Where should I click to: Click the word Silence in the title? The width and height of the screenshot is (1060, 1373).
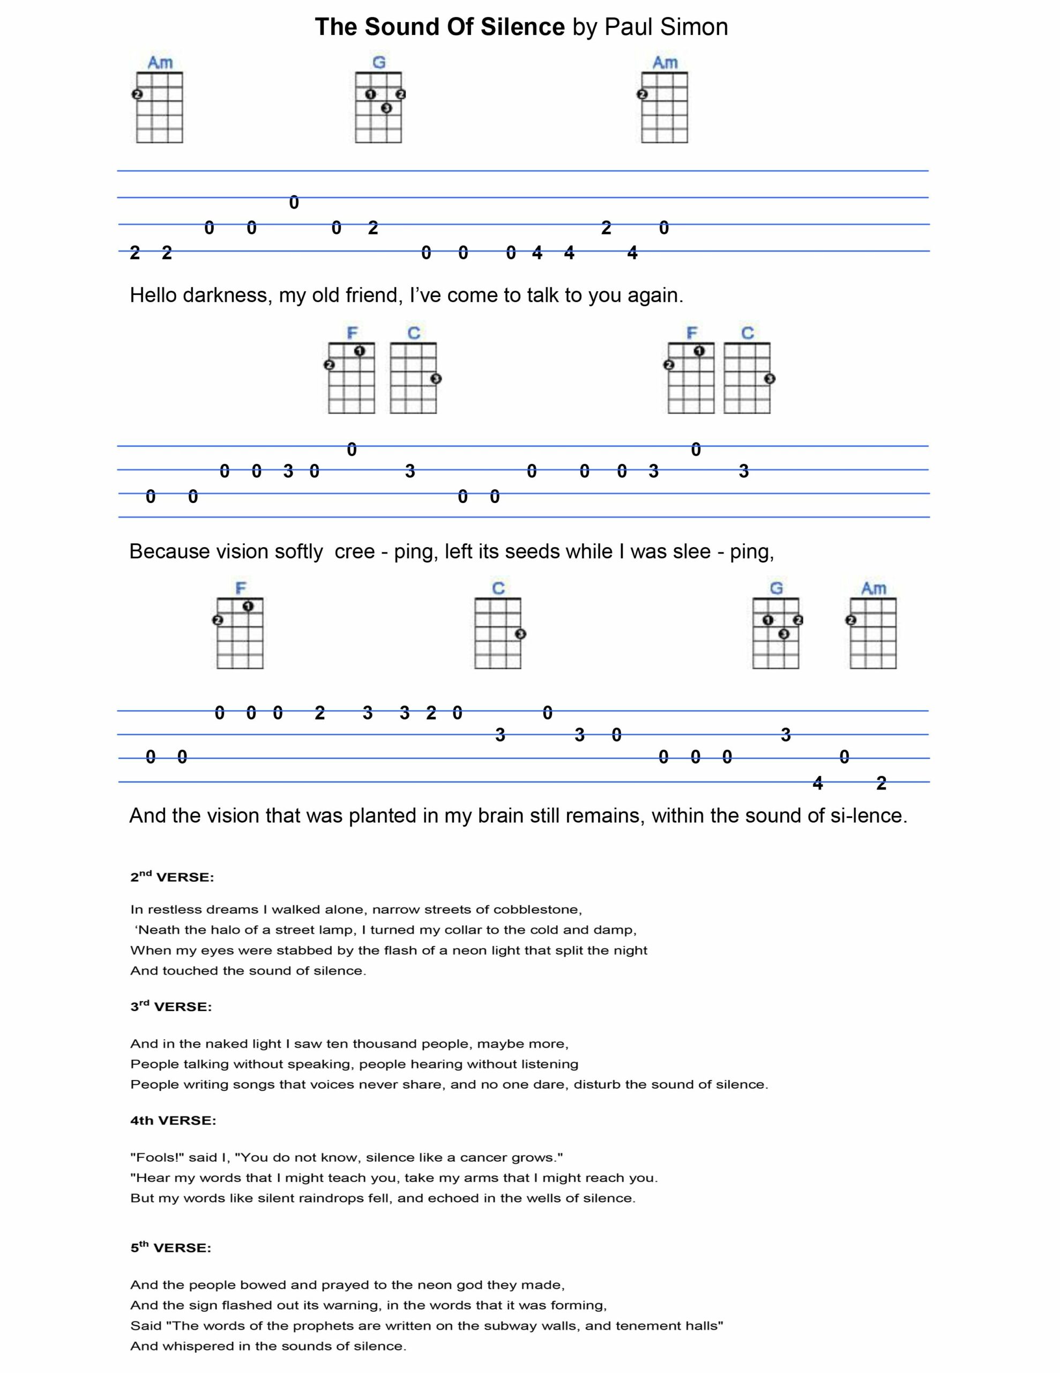coord(522,27)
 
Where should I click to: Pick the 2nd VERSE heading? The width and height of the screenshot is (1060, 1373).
coord(172,877)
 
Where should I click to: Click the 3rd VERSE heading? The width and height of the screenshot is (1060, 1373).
coord(171,1007)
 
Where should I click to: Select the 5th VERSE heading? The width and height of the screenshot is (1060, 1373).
coord(171,1248)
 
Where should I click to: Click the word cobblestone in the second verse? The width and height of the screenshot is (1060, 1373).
coord(537,910)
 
